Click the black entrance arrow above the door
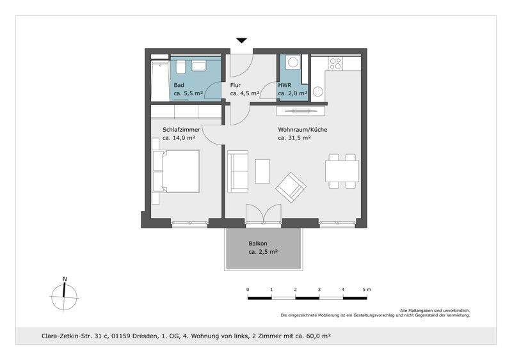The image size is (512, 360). [241, 41]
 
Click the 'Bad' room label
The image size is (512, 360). [179, 84]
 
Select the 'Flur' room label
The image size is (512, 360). [236, 84]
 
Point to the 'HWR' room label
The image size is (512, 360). [285, 84]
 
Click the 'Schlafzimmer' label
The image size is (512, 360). [182, 129]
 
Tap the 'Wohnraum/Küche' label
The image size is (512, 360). [303, 129]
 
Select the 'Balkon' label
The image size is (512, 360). [259, 244]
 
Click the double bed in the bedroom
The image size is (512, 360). [177, 171]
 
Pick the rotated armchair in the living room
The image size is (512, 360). [291, 187]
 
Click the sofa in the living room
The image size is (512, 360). [238, 171]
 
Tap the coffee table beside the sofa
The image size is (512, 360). [263, 171]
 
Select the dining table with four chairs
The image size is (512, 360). [340, 171]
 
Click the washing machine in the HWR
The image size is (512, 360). [293, 63]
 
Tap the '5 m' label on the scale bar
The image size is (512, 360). [365, 290]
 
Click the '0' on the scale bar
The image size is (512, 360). [248, 290]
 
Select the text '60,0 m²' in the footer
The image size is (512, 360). [317, 336]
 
